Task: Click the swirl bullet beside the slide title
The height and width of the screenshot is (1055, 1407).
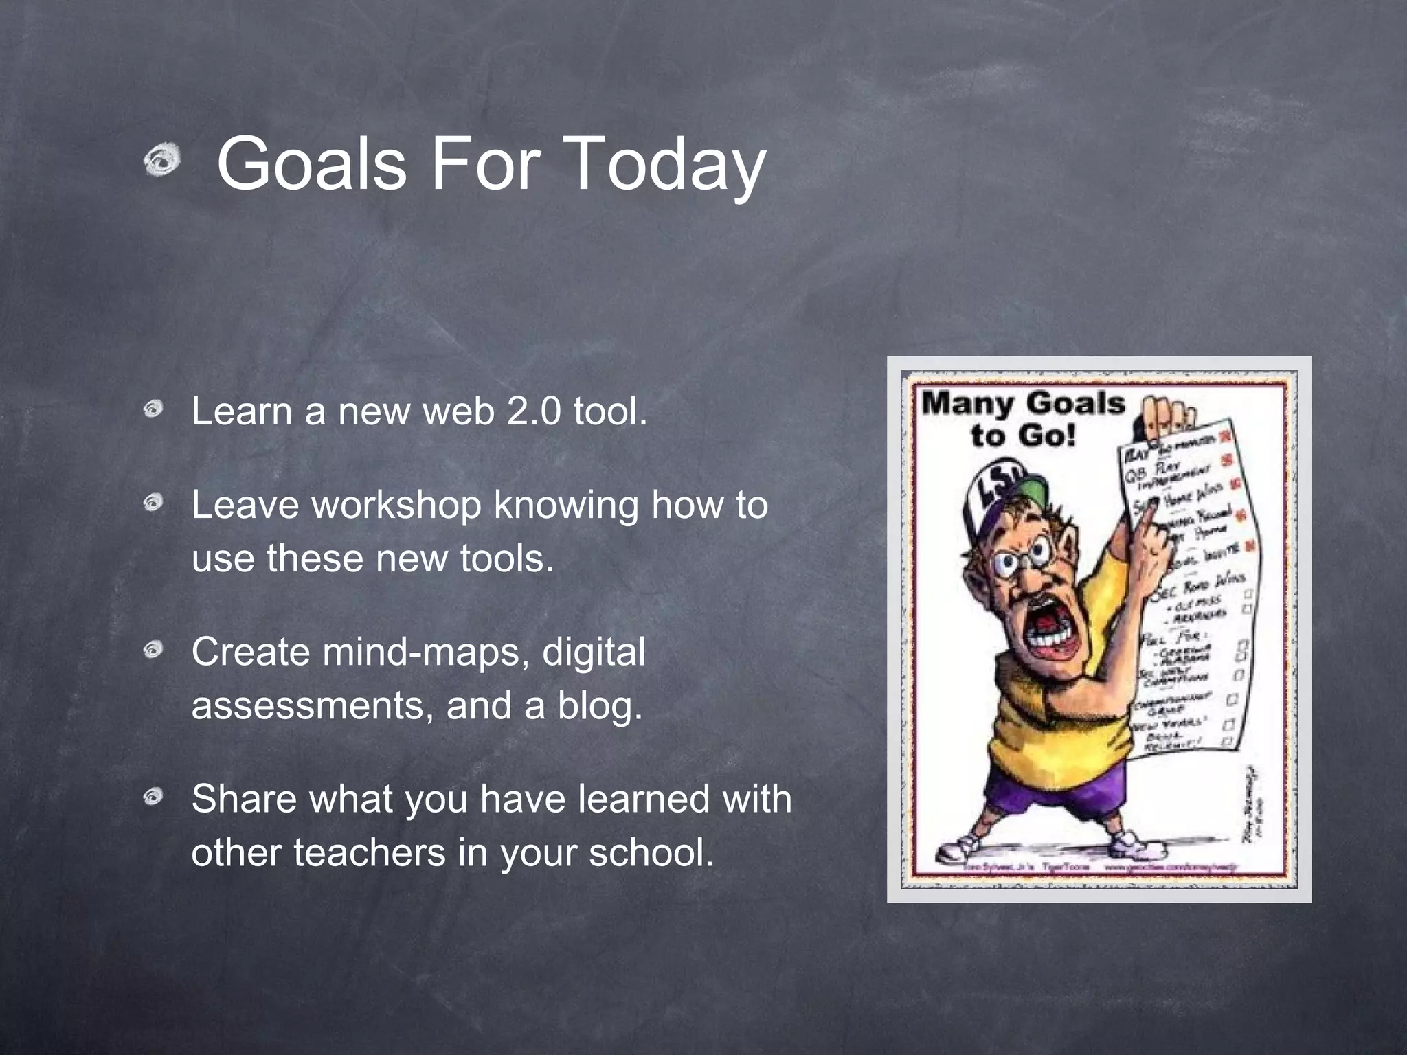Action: (162, 162)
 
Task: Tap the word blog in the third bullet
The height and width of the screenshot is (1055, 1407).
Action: (598, 706)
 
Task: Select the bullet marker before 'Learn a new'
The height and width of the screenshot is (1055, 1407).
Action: (153, 410)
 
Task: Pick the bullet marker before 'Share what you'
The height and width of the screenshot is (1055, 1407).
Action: (153, 797)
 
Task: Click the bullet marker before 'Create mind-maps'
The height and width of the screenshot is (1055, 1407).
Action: (153, 650)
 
